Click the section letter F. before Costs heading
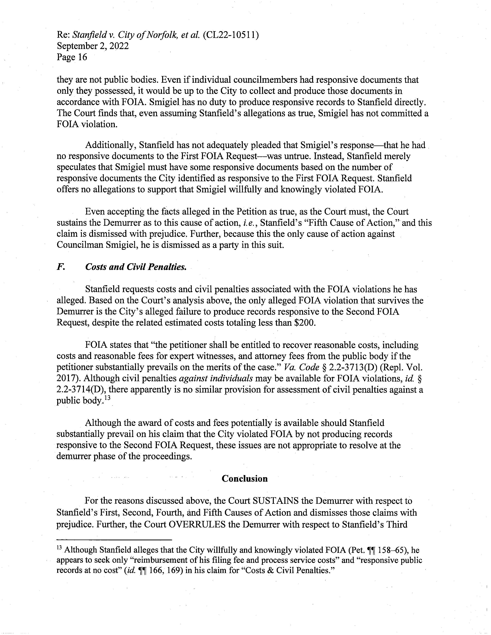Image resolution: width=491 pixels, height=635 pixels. pyautogui.click(x=60, y=267)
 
